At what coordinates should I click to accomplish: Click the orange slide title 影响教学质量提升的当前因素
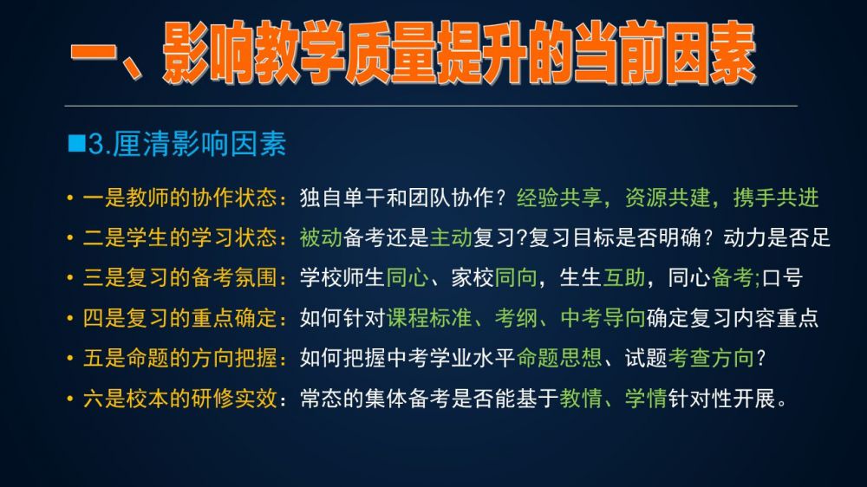click(x=459, y=53)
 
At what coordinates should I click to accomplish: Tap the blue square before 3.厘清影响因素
click(x=76, y=143)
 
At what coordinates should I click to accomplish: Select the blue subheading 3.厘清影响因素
click(x=187, y=144)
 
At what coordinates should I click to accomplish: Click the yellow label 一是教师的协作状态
click(x=179, y=198)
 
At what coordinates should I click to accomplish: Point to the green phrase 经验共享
click(x=559, y=198)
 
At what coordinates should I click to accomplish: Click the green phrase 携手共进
click(x=776, y=198)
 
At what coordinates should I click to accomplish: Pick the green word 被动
click(x=322, y=237)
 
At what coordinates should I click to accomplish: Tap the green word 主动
click(x=451, y=237)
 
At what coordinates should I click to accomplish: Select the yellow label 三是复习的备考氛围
click(x=179, y=277)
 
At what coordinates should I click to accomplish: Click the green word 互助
click(x=623, y=277)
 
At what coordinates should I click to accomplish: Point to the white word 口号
click(x=782, y=277)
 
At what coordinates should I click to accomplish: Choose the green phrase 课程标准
click(x=429, y=318)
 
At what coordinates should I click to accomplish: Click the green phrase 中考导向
click(x=603, y=318)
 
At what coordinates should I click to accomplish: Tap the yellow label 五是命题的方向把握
click(x=179, y=358)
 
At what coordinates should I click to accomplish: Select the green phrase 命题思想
click(x=559, y=358)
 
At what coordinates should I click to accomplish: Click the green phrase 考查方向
click(x=711, y=358)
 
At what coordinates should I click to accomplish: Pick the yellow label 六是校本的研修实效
click(x=179, y=399)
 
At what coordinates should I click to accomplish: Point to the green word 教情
click(x=581, y=399)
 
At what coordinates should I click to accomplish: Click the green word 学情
click(x=646, y=399)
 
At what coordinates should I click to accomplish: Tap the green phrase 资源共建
click(x=668, y=198)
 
